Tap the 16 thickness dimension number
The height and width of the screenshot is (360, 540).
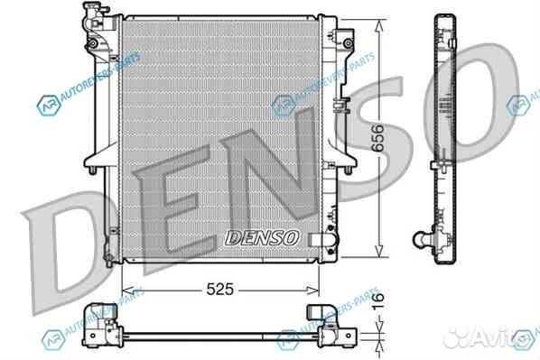(x=378, y=304)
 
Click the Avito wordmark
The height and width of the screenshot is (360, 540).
(x=492, y=339)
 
